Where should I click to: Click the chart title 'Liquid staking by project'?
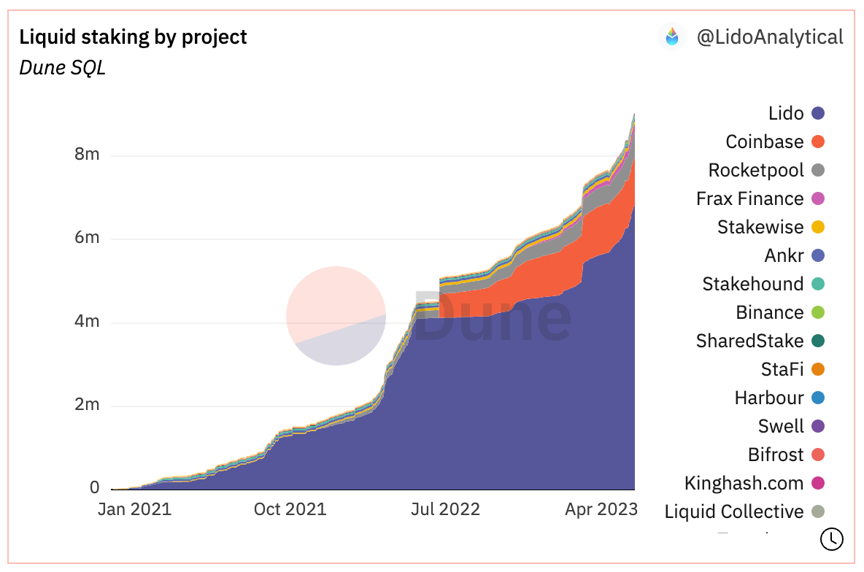(133, 36)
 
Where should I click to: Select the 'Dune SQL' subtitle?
(62, 68)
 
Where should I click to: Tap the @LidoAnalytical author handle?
(770, 36)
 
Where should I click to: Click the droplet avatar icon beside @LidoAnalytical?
(672, 36)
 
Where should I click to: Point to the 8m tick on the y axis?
(86, 155)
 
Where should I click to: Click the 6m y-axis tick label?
(86, 238)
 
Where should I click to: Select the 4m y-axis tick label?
(86, 322)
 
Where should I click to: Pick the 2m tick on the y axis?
(86, 405)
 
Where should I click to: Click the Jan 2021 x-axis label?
(134, 509)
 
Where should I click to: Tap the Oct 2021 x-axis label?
(290, 509)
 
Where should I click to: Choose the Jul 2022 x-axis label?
(444, 509)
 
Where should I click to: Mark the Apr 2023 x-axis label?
(601, 509)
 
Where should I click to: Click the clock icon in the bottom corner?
(832, 539)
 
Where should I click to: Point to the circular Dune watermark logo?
(336, 316)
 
